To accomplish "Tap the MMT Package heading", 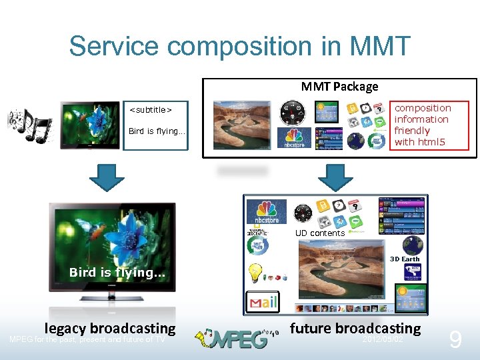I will pos(339,86).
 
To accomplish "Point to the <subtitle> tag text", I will pos(150,109).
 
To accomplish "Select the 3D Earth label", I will pos(405,259).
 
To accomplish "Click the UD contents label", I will pos(320,233).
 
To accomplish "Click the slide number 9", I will pos(455,341).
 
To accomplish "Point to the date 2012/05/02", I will pos(382,340).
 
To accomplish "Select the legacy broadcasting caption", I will pos(109,328).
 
